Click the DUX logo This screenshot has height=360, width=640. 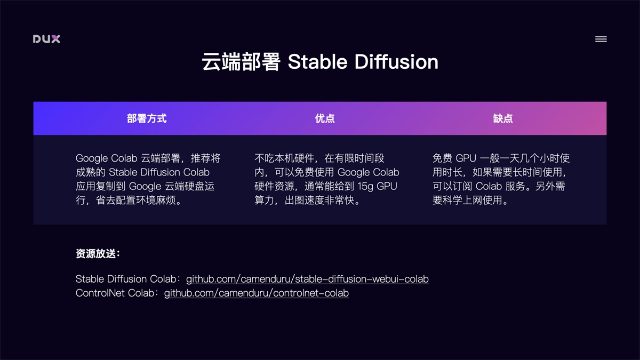tap(46, 39)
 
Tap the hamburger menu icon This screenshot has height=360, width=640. tap(601, 39)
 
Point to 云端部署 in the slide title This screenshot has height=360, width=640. tap(241, 62)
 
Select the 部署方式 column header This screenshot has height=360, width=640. tap(147, 118)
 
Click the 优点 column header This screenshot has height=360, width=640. tap(325, 118)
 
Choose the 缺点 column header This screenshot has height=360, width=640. tap(503, 118)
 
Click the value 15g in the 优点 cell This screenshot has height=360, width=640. tap(364, 187)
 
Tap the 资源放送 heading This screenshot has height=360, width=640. tap(98, 254)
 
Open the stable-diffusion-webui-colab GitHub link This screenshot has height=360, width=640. tap(307, 279)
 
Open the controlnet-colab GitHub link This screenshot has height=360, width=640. tap(256, 293)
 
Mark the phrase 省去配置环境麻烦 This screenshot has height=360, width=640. tap(139, 201)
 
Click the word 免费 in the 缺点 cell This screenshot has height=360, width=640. tap(442, 158)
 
